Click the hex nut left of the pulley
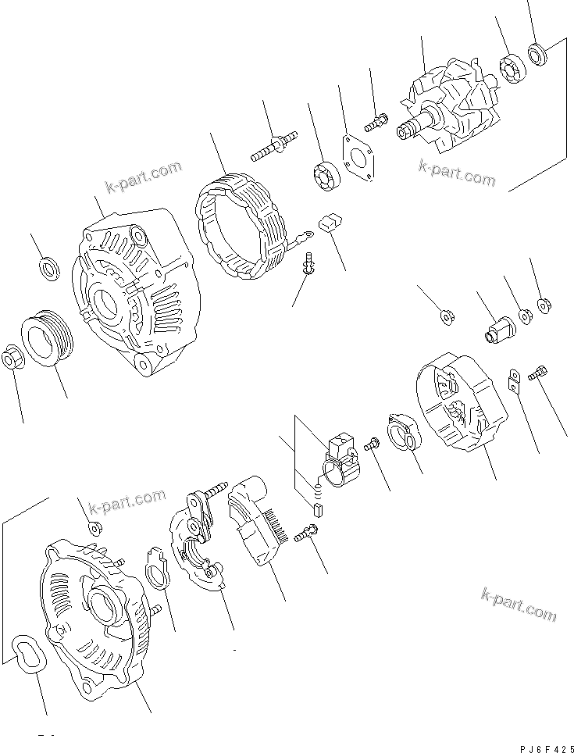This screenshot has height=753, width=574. [x=15, y=359]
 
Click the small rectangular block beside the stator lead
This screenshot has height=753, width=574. [x=329, y=223]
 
